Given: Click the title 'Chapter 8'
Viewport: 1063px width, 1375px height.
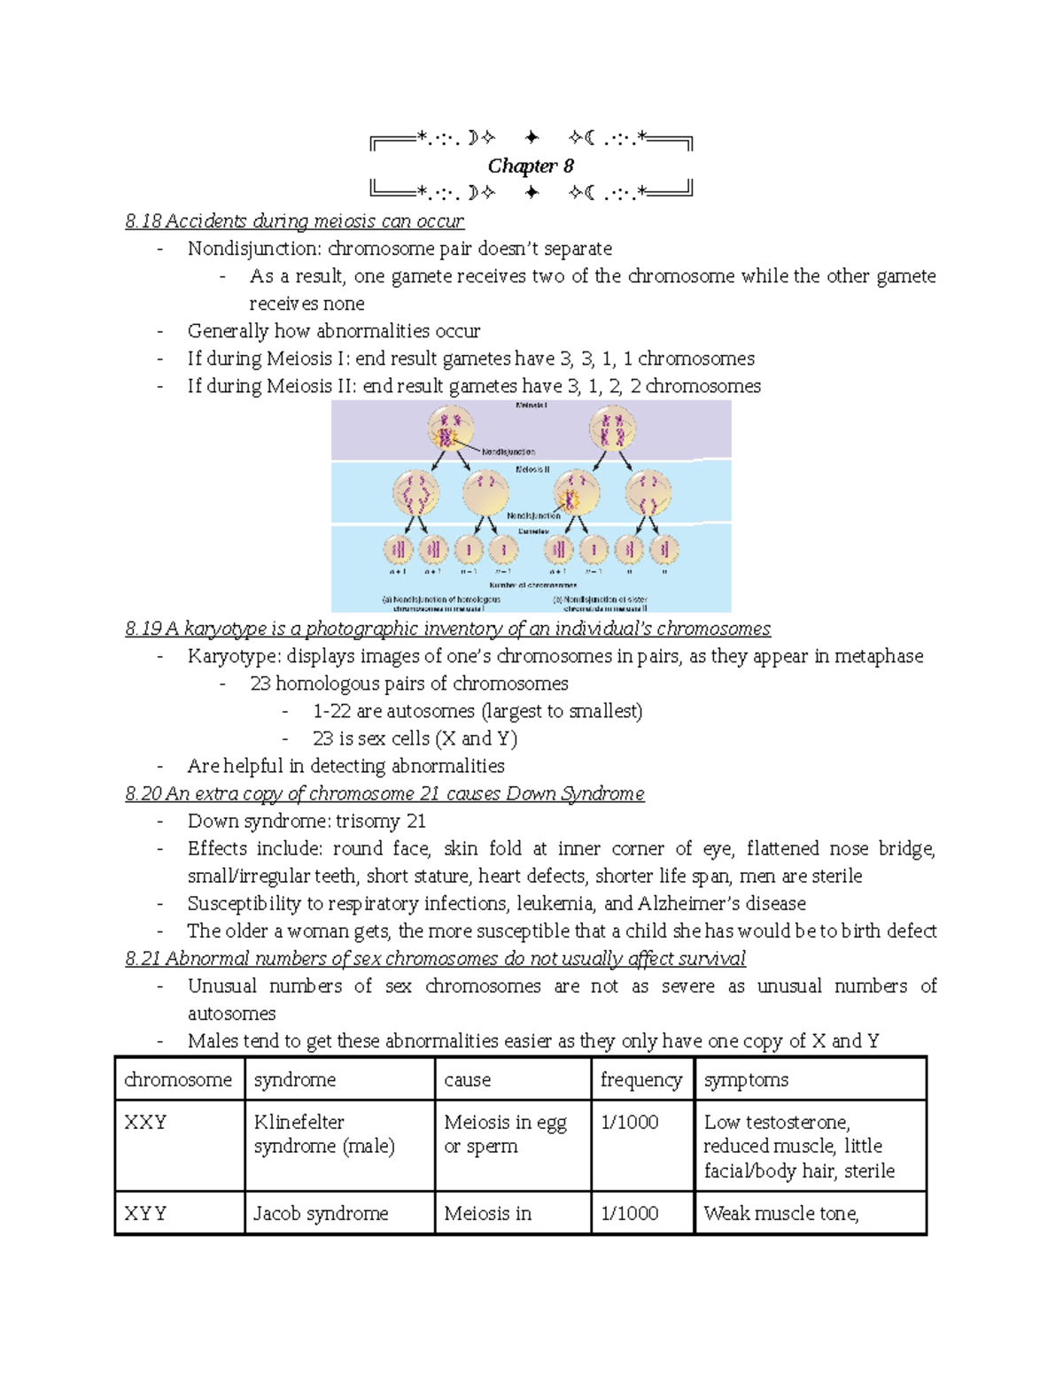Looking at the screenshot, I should click(531, 166).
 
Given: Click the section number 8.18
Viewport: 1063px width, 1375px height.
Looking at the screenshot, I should click(144, 221).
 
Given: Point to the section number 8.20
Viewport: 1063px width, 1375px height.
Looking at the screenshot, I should click(144, 793).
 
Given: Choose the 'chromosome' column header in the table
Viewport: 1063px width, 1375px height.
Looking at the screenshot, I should click(178, 1079).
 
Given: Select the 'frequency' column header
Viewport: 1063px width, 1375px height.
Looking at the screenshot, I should click(640, 1079).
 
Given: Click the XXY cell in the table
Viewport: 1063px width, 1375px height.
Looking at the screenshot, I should click(145, 1122).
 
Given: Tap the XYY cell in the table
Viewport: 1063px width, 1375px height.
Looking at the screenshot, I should click(145, 1213).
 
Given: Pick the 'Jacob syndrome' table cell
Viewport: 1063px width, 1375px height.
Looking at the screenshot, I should click(321, 1213).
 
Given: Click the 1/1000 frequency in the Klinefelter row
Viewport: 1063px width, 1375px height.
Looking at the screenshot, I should click(629, 1122).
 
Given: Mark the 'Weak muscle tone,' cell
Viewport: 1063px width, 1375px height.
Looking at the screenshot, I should click(781, 1213).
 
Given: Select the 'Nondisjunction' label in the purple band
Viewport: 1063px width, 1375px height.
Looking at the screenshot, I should click(508, 452).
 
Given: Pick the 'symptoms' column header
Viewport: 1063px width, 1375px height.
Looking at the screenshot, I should click(746, 1079).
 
